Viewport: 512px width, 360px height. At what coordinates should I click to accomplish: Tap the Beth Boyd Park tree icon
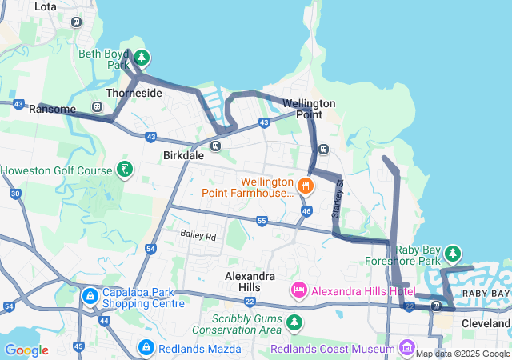(142, 57)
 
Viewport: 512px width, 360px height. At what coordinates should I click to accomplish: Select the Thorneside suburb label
(134, 93)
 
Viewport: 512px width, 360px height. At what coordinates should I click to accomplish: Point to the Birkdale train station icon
(215, 146)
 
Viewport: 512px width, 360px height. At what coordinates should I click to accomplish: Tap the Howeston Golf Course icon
(124, 169)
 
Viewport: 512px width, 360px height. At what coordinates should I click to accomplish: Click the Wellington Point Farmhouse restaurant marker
(305, 186)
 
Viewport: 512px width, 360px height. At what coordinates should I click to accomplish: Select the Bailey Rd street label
(198, 236)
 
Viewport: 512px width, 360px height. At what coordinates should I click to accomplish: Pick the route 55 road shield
(262, 220)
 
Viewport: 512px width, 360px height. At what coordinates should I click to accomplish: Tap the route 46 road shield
(306, 210)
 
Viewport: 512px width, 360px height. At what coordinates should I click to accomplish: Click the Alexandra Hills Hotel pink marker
(299, 290)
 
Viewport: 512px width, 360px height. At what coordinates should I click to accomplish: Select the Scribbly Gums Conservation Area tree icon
(296, 322)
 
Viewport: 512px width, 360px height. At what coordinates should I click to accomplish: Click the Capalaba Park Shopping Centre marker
(91, 297)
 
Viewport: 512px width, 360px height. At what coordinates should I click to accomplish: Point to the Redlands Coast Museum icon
(407, 348)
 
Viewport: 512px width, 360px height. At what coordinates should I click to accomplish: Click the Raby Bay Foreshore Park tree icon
(452, 253)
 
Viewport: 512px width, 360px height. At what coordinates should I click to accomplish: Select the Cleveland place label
(486, 324)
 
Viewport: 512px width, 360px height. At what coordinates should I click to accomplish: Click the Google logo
(26, 350)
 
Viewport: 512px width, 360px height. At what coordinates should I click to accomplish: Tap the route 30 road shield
(15, 194)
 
